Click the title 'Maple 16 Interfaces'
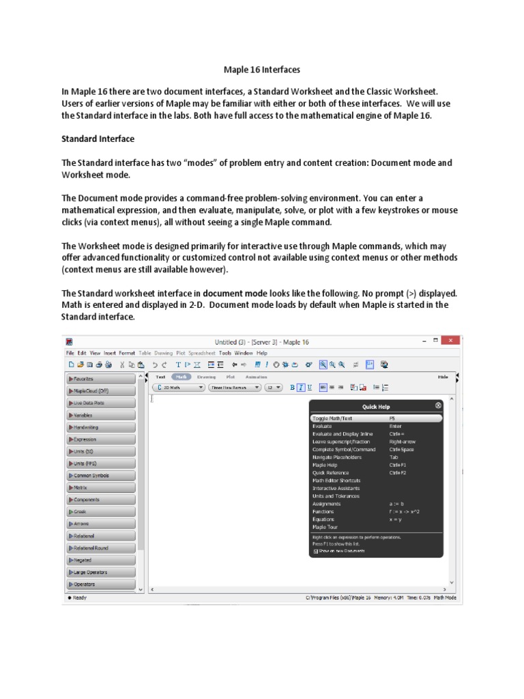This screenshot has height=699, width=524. (x=262, y=69)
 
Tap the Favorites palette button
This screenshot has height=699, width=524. (x=101, y=378)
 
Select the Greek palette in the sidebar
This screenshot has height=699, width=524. (x=101, y=511)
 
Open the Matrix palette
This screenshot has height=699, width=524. (x=101, y=488)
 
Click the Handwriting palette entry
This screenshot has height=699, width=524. (x=101, y=427)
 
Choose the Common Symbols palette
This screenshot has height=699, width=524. (x=101, y=476)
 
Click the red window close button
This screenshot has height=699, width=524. (x=450, y=341)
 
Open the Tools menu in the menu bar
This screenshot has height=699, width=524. (x=225, y=353)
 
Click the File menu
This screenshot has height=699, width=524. (x=70, y=353)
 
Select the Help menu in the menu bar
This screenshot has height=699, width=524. (x=262, y=353)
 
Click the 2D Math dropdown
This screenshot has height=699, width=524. (x=177, y=387)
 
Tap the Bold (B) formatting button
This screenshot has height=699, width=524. (x=292, y=387)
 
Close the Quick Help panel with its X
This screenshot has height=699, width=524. (x=438, y=405)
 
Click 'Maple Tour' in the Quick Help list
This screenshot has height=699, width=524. (x=325, y=527)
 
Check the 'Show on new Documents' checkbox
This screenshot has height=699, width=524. (x=315, y=550)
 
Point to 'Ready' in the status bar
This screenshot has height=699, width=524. (x=77, y=598)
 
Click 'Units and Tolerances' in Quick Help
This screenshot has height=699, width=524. (x=335, y=496)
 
